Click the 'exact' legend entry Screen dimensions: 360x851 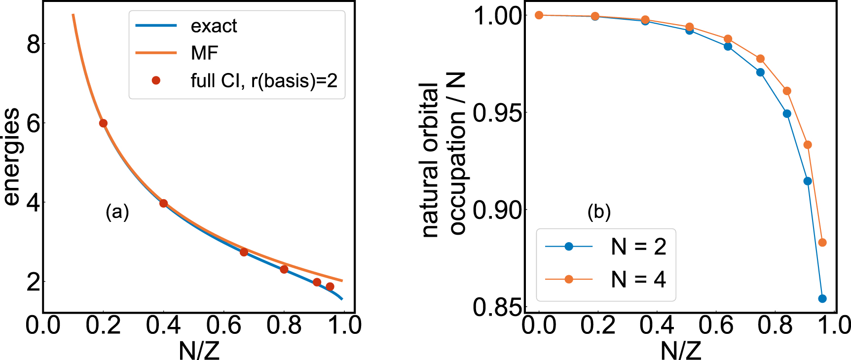(x=214, y=26)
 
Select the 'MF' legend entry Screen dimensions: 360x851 (x=204, y=53)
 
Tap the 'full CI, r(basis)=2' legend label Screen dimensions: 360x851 (x=264, y=80)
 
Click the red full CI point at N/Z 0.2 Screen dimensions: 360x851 (x=103, y=123)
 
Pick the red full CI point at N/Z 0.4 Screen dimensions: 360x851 (x=164, y=203)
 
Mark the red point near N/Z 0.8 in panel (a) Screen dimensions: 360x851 (x=284, y=269)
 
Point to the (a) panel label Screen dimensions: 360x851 (x=117, y=212)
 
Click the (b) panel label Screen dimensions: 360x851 (x=599, y=212)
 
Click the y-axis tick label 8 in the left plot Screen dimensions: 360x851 (x=33, y=44)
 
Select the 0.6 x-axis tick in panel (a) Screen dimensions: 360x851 (x=223, y=325)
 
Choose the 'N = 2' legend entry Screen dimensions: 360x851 (x=638, y=247)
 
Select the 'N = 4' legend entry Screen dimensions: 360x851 (x=638, y=280)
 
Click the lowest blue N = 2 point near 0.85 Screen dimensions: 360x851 (x=822, y=298)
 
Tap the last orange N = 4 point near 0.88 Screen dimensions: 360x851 (x=822, y=243)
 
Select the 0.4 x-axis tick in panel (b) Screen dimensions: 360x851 (x=657, y=325)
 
